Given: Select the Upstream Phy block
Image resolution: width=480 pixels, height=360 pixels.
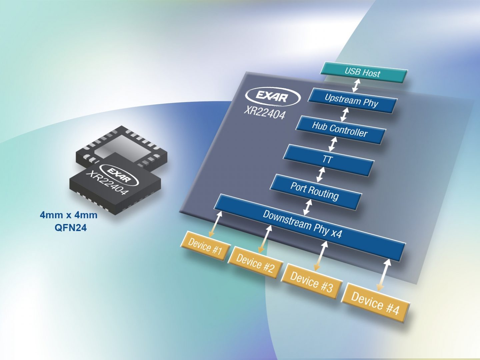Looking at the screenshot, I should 352,101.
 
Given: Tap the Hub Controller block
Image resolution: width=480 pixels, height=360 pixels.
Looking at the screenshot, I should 340,130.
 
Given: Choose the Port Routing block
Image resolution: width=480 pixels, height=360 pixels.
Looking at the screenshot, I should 315,191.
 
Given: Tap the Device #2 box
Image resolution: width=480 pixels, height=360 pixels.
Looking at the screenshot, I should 255,263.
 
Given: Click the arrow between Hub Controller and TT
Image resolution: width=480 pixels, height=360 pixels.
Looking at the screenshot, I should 333,144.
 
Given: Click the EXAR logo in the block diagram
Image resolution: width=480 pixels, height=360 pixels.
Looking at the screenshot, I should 273,97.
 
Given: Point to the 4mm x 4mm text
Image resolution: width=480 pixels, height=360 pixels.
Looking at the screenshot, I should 69,215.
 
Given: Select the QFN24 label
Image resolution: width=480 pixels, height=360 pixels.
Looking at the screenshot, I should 70,228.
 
